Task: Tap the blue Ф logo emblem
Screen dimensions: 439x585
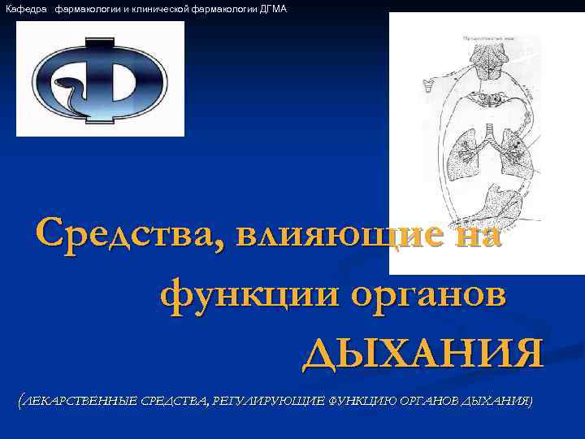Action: tap(101, 79)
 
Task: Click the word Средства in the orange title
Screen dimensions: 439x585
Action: tap(126, 235)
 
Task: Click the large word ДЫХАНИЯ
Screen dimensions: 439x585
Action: tap(422, 354)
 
